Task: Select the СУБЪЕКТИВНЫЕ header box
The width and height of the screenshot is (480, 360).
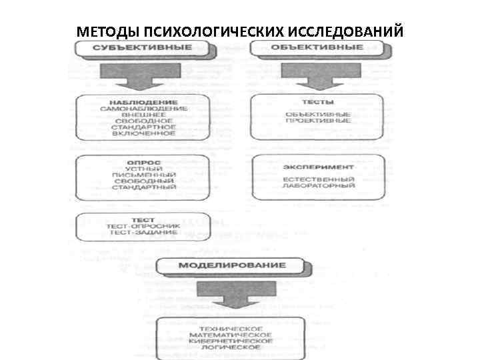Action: (x=143, y=48)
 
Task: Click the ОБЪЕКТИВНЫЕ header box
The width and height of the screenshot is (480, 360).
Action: (x=317, y=48)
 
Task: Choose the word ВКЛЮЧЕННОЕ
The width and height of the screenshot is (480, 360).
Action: (x=144, y=133)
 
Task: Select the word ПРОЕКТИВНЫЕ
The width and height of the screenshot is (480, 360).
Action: (x=318, y=121)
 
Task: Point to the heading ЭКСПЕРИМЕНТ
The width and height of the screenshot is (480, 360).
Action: (x=318, y=167)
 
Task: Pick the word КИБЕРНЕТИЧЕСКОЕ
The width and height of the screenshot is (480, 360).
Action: (x=231, y=341)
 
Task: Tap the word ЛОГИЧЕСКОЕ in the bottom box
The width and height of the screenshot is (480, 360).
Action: (x=231, y=348)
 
